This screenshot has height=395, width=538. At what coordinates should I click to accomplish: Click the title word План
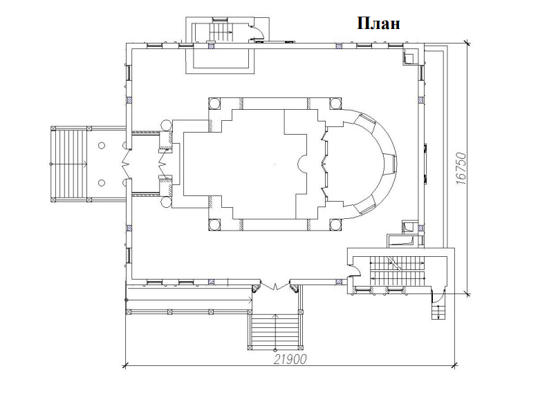(x=378, y=24)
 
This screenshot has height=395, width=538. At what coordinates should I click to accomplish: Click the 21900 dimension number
(x=290, y=359)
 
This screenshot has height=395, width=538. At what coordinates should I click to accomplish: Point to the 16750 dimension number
(x=462, y=169)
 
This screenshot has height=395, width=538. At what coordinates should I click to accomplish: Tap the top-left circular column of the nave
(x=215, y=104)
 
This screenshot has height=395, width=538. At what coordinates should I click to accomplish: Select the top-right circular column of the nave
(x=335, y=104)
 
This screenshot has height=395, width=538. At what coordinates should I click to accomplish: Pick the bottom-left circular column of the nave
(x=215, y=224)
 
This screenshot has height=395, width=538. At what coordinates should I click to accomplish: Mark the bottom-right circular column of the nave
(x=335, y=224)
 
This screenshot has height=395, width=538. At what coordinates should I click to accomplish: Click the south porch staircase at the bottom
(x=275, y=331)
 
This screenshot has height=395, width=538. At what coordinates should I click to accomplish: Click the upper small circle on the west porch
(x=101, y=146)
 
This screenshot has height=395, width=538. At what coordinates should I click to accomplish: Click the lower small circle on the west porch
(x=101, y=183)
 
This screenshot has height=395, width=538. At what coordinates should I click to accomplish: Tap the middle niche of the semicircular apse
(x=391, y=164)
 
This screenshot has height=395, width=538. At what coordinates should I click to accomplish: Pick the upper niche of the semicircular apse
(x=364, y=120)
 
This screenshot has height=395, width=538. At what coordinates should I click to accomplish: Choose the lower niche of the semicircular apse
(x=364, y=208)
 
